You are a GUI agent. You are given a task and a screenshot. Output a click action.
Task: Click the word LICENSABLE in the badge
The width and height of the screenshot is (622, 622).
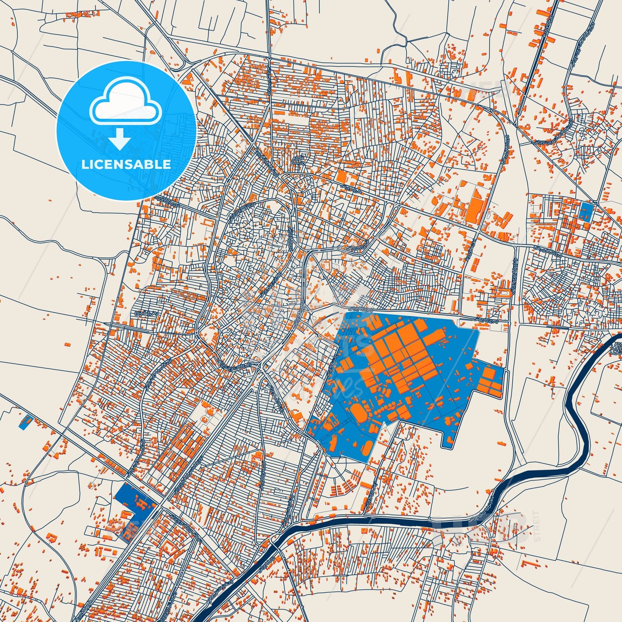pos(126,164)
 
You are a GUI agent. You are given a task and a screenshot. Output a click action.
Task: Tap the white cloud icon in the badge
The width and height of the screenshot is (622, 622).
pos(126,105)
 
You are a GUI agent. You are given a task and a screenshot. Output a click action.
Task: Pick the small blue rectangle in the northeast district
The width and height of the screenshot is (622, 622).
pos(586,210)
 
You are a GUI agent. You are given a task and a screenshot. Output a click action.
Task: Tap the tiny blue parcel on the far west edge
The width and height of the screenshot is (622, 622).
pos(26,422)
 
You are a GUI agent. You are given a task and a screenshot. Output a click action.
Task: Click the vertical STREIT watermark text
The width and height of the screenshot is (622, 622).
pos(536,525)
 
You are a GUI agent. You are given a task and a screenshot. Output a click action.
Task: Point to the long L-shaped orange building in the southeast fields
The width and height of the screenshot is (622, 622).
pos(528,564)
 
